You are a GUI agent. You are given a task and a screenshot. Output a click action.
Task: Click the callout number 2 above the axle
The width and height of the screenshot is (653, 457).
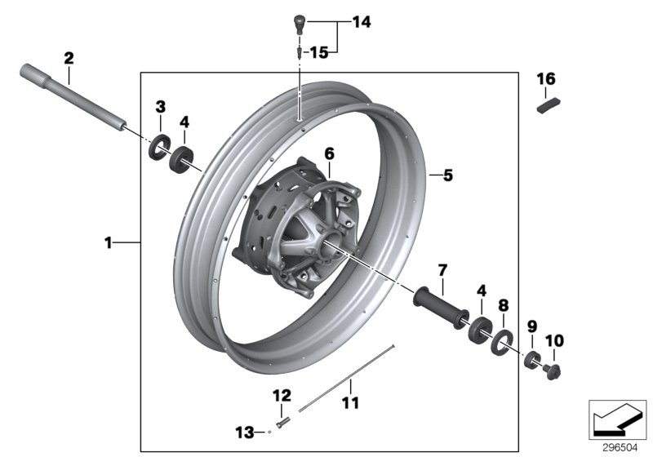tap(69, 58)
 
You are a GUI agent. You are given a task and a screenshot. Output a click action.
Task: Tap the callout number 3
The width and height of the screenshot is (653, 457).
tap(161, 106)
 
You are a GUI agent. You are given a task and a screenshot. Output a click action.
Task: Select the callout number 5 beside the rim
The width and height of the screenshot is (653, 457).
tap(447, 174)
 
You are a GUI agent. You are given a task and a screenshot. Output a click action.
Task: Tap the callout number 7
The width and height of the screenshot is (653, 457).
tap(442, 269)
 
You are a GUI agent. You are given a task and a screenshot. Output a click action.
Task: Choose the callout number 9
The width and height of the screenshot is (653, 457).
tap(531, 326)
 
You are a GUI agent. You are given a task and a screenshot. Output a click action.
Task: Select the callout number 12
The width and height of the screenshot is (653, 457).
tap(282, 396)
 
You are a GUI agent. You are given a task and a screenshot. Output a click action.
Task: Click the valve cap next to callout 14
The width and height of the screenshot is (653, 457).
tap(300, 23)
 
